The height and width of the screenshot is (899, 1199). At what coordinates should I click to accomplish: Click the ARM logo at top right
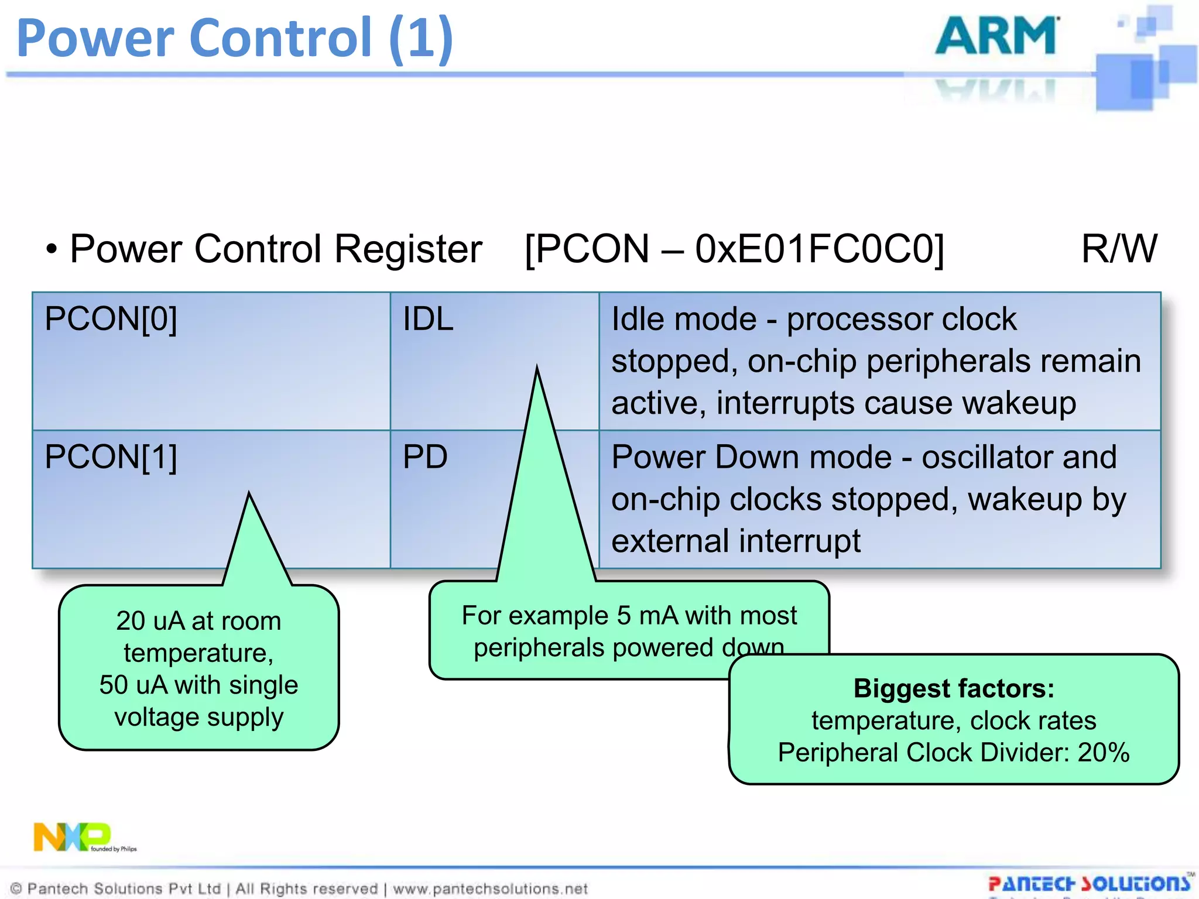[997, 36]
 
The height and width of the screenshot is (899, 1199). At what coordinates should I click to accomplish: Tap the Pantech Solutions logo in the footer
[1090, 883]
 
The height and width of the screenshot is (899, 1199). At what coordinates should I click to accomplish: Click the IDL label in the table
[428, 320]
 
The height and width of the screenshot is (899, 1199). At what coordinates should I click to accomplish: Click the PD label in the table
[425, 457]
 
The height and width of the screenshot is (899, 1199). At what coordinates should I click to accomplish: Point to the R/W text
[1119, 249]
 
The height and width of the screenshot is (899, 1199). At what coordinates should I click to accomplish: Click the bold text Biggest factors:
[954, 688]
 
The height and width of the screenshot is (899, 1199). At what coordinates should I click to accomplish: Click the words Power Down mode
[751, 457]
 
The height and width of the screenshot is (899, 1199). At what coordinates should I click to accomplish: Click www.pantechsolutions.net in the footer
[490, 889]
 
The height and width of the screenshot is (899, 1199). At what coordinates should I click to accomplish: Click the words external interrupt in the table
[736, 541]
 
